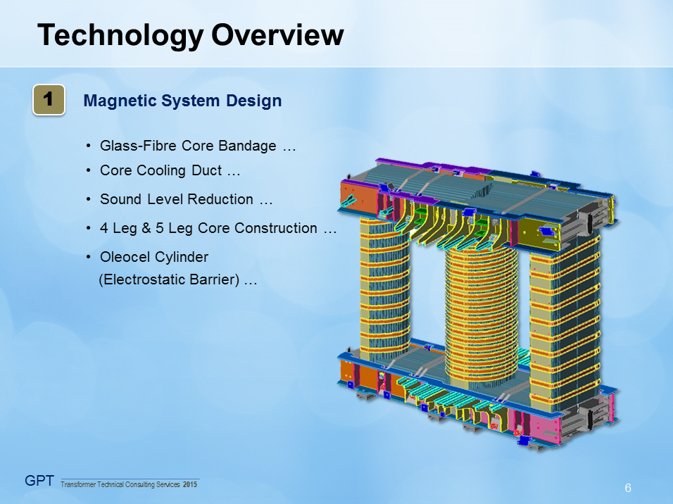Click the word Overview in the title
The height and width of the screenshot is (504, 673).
[277, 34]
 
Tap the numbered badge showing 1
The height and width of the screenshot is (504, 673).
[49, 100]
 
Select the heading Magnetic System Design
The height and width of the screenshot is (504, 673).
[182, 101]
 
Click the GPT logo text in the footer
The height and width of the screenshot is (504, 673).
[40, 481]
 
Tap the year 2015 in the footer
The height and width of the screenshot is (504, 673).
[190, 485]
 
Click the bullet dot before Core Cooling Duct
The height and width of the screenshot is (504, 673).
[89, 171]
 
